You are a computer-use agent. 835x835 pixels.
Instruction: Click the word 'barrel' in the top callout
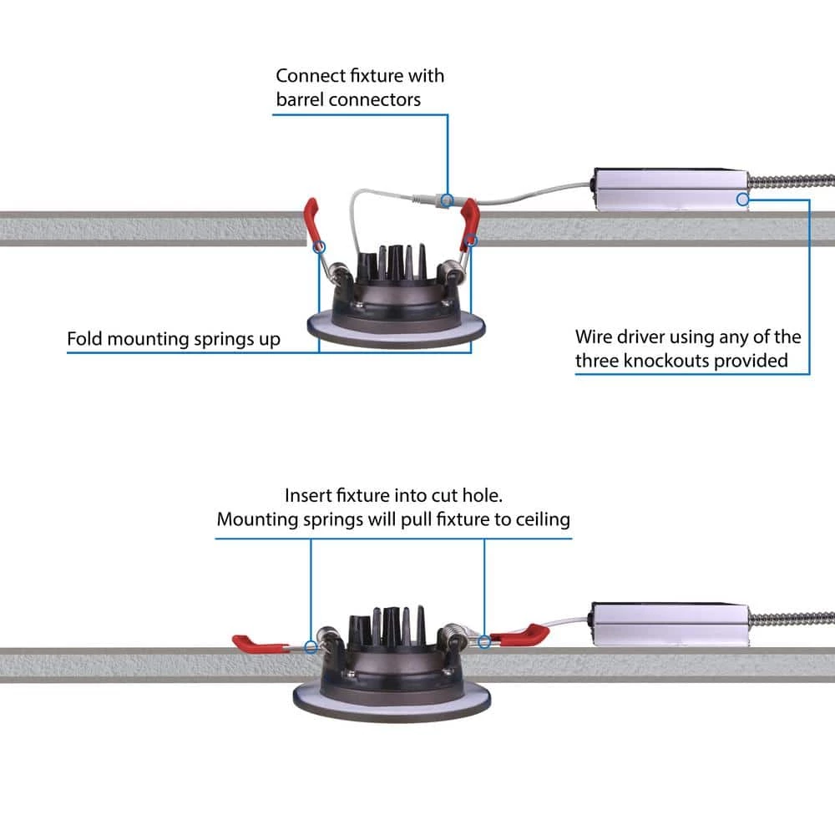tap(301, 99)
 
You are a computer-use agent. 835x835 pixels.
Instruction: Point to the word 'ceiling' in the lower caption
tap(542, 519)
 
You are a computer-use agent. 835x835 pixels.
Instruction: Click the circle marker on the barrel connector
tap(448, 200)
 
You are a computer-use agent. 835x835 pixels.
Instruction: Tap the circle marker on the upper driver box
tap(741, 199)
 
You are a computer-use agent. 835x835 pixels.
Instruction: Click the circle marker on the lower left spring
tap(311, 646)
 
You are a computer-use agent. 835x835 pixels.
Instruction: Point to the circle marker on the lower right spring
tap(484, 641)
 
